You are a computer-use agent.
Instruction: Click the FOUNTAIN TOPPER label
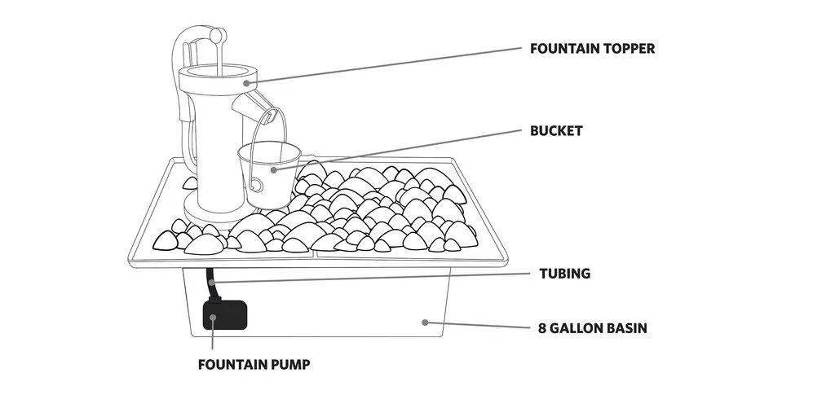tap(592, 48)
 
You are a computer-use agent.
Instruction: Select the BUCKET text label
tap(556, 130)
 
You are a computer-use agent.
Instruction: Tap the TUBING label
tap(564, 274)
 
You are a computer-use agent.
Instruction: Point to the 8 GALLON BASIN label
tap(593, 329)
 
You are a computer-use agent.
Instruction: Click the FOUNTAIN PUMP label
tap(254, 364)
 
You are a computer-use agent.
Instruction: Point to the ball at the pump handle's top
tap(216, 36)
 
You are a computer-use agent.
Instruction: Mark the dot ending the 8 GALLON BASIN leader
tap(425, 322)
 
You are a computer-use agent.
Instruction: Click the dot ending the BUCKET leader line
tap(275, 169)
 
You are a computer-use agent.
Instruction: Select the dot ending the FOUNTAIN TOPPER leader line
tap(245, 81)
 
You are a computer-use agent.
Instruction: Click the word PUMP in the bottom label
tap(290, 364)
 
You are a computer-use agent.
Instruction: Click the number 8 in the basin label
tap(542, 329)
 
